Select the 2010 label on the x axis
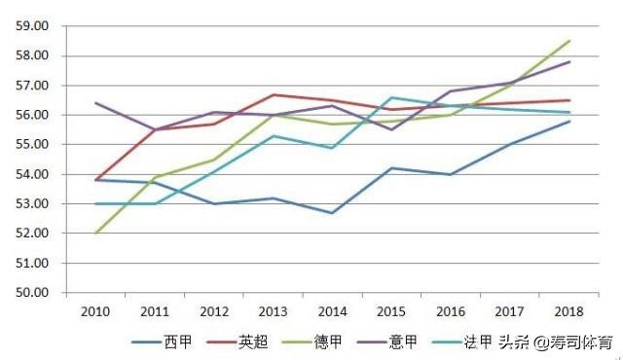95,311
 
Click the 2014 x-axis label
332,311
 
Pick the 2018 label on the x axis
568,311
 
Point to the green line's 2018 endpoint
569,41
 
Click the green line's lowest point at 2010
95,234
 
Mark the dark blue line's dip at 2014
332,213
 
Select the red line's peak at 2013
273,94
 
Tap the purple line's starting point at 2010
95,102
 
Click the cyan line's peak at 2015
391,97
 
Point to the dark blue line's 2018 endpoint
569,121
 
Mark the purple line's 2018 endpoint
569,61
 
